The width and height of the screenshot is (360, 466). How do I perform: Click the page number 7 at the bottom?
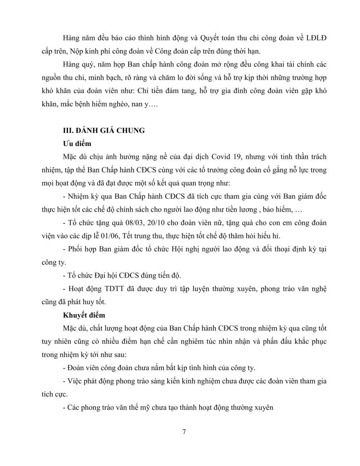(x=184, y=431)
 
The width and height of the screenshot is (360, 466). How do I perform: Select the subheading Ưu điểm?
(x=77, y=144)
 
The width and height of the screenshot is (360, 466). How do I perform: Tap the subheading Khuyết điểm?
(x=84, y=315)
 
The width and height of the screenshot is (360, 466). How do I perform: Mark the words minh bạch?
(x=98, y=78)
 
